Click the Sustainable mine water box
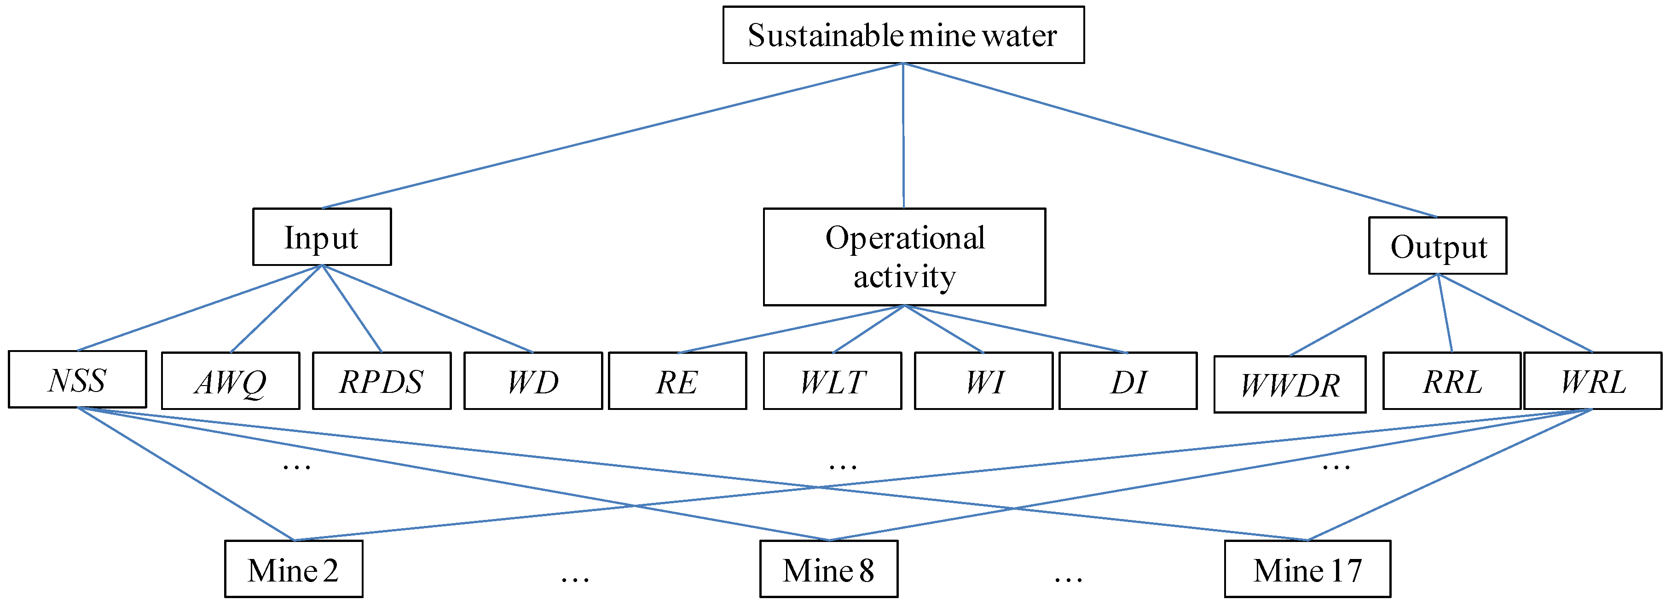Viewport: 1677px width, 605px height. click(903, 35)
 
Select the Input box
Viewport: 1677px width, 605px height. click(322, 237)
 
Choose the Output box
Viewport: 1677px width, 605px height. click(1437, 246)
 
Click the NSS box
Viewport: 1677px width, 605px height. click(77, 380)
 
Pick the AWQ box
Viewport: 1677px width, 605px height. click(231, 381)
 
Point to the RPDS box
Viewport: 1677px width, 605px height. click(382, 381)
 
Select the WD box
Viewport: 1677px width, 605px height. click(532, 381)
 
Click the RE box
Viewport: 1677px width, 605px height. click(677, 381)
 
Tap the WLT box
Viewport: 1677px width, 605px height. click(832, 381)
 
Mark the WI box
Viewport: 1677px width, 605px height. click(983, 381)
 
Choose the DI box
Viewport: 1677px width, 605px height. click(1128, 381)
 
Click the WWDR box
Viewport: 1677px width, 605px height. click(1290, 385)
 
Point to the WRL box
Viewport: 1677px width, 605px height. click(1592, 381)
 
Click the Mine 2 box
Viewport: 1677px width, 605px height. click(294, 569)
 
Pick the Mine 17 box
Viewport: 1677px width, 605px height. click(1307, 569)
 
